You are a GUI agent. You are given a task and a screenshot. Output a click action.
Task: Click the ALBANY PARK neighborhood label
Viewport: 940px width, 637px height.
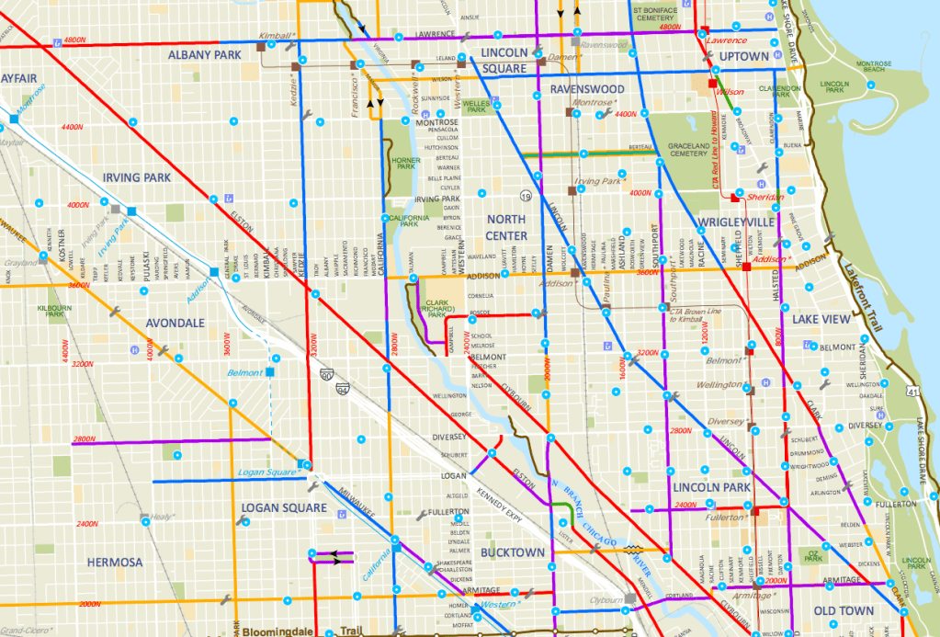coord(203,55)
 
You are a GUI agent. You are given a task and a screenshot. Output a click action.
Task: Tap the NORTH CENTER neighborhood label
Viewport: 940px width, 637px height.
coord(506,227)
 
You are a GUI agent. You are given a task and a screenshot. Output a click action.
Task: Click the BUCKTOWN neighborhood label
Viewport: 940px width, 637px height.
coord(513,552)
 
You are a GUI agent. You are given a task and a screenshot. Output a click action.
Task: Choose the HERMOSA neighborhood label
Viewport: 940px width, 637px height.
coord(115,562)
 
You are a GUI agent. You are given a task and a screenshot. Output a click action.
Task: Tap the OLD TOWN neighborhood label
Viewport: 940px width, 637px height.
coord(844,610)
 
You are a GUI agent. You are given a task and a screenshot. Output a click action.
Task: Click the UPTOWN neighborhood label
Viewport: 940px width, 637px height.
coord(743,57)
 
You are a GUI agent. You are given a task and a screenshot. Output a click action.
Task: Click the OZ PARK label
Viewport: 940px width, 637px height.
coord(811,554)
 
